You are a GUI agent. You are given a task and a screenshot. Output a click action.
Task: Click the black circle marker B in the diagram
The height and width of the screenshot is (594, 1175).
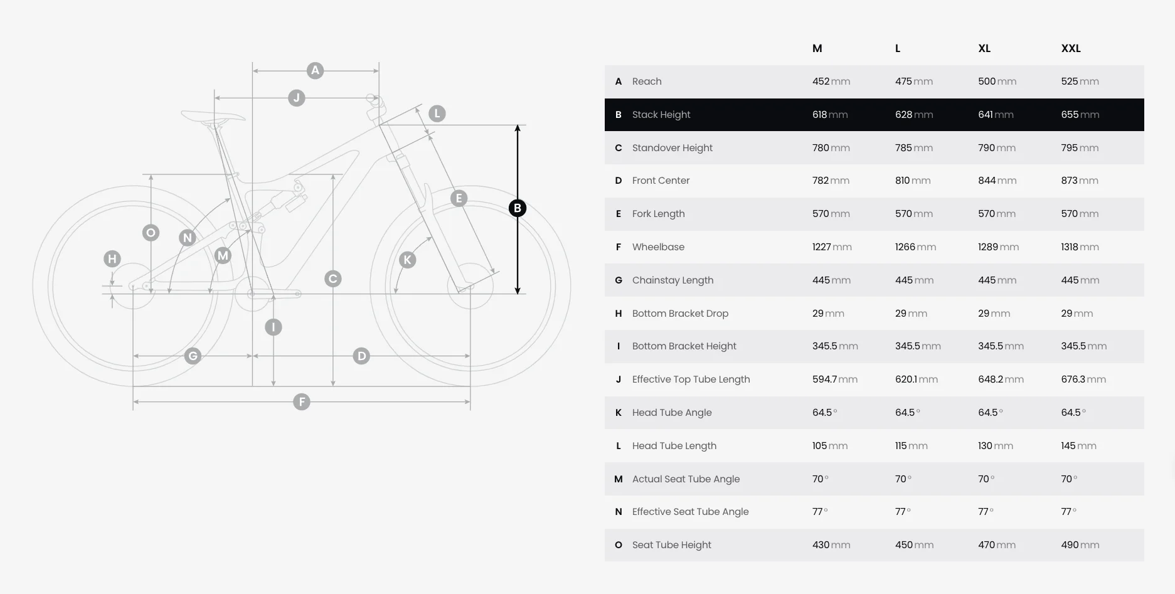click(x=518, y=208)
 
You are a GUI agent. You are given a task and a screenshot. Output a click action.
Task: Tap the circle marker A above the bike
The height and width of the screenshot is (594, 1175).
click(x=315, y=70)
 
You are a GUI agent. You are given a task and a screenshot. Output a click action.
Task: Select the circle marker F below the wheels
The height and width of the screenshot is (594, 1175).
click(x=302, y=401)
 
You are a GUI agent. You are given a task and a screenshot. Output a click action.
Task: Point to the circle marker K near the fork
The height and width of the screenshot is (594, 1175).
click(x=408, y=260)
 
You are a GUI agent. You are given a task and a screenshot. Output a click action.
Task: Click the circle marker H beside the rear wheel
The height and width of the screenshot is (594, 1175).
click(x=112, y=258)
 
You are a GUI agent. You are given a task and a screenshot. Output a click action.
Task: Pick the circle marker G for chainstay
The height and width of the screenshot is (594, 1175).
click(x=193, y=356)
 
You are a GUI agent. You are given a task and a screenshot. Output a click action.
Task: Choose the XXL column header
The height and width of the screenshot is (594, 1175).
click(x=1071, y=48)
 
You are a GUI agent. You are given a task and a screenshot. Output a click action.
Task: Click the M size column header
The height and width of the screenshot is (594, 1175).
click(x=817, y=48)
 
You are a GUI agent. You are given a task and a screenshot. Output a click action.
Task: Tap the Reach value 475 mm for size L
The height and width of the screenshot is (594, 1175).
click(x=913, y=82)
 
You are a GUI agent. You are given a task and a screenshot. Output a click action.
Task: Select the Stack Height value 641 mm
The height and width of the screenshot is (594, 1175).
click(x=996, y=115)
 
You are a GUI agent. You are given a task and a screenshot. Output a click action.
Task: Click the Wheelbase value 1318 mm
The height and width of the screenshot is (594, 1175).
click(x=1080, y=247)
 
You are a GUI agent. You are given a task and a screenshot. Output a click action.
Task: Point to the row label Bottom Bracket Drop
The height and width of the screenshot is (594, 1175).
click(x=680, y=314)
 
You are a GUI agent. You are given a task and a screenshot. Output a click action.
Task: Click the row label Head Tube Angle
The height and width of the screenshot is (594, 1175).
click(x=672, y=413)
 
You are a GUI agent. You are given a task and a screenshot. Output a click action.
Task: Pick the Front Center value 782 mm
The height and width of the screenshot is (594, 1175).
click(x=831, y=181)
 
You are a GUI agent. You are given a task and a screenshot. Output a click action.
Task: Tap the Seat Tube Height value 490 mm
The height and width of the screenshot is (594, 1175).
click(x=1080, y=545)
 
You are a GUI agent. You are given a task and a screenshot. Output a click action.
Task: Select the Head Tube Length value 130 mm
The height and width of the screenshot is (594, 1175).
click(x=996, y=446)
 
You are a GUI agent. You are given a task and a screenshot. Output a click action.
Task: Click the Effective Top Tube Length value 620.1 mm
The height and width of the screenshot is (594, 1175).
click(x=916, y=379)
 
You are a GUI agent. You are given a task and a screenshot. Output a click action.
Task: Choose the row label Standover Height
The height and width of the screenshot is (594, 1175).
click(x=673, y=148)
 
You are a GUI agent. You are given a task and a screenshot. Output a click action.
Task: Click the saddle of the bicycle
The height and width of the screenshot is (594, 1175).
click(x=213, y=116)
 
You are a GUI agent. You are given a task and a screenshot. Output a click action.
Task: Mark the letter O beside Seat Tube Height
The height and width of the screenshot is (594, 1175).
click(x=619, y=545)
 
